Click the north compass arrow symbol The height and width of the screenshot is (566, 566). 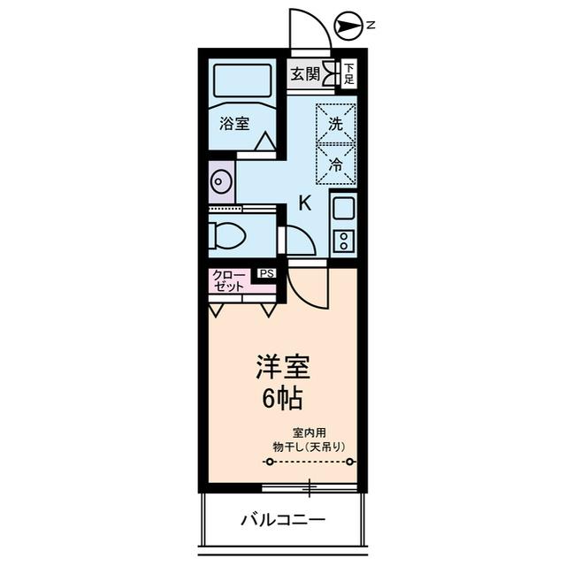(x=350, y=27)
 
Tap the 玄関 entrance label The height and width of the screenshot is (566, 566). (x=305, y=73)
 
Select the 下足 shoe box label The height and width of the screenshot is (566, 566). (x=349, y=73)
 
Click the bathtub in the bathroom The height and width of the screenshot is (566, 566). (x=242, y=81)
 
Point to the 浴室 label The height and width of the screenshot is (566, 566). (x=234, y=125)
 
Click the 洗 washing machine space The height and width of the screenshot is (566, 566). (x=336, y=124)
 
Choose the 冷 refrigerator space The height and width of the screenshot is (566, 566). (x=336, y=164)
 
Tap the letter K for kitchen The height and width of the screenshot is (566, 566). (x=304, y=203)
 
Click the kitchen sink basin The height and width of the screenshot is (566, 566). (x=343, y=210)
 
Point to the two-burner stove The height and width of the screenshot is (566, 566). (x=343, y=240)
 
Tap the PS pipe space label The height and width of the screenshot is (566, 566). (x=266, y=274)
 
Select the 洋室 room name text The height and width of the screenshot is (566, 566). (x=282, y=365)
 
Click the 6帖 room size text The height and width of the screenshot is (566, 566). (x=282, y=399)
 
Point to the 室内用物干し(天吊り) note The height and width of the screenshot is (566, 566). (x=309, y=440)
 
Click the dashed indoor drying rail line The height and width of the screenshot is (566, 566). (x=310, y=462)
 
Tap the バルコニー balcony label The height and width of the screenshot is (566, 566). (x=283, y=518)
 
